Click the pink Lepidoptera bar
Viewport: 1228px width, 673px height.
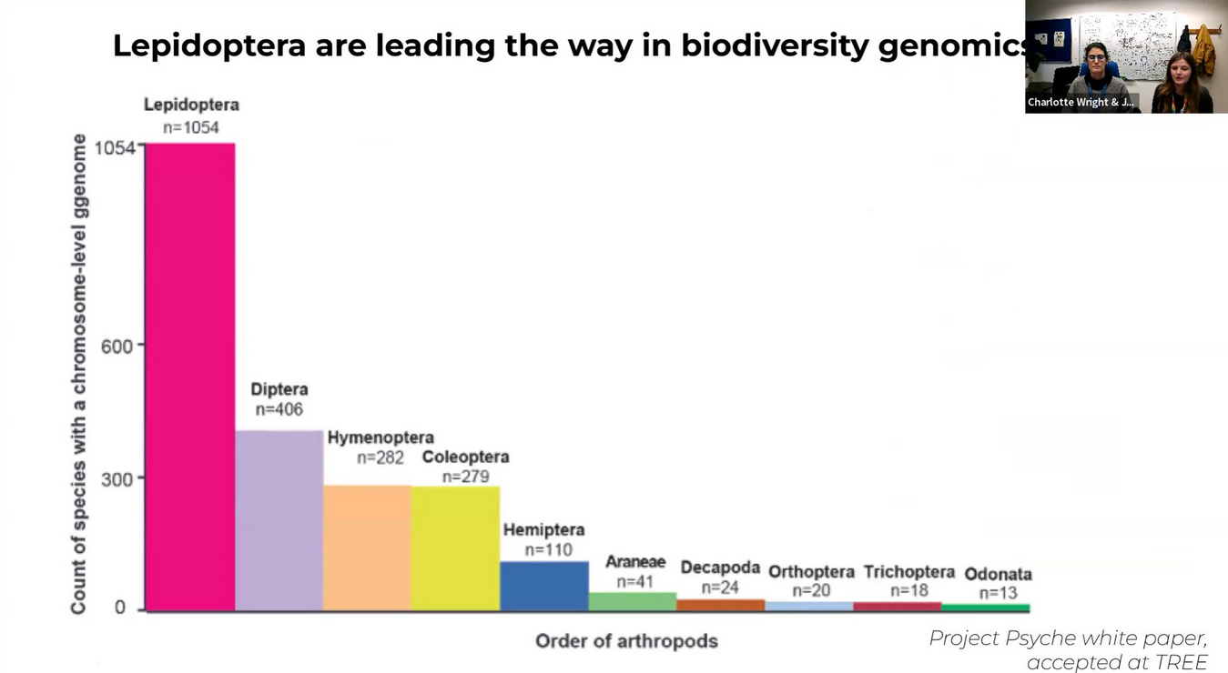click(190, 377)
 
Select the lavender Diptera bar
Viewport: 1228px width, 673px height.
click(279, 519)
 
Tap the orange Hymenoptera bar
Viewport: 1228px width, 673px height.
click(367, 547)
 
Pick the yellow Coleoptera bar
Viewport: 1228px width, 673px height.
click(455, 547)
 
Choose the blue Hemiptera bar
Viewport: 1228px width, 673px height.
click(543, 586)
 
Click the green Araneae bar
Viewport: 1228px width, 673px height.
click(632, 601)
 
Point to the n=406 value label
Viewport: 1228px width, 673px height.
click(279, 409)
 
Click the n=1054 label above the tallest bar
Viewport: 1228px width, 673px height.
click(191, 127)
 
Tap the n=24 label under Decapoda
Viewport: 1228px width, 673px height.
click(720, 588)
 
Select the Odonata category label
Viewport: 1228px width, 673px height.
click(998, 574)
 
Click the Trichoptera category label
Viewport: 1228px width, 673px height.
click(908, 571)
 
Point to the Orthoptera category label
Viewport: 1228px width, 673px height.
click(811, 571)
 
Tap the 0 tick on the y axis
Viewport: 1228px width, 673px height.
click(120, 608)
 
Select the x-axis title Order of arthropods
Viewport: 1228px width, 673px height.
click(626, 641)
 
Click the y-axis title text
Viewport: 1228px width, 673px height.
click(79, 373)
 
